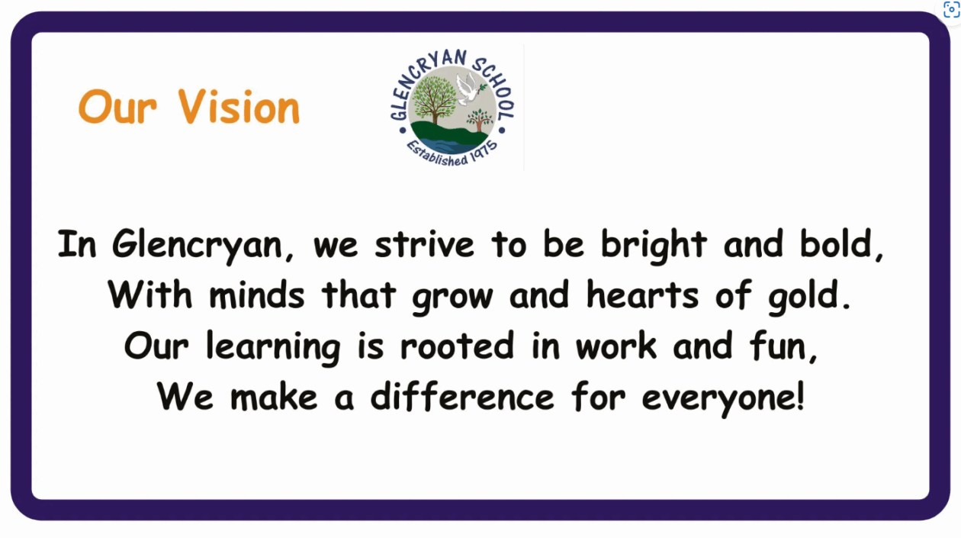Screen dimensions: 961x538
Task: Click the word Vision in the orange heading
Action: coord(239,107)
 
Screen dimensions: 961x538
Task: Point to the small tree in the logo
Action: coord(479,121)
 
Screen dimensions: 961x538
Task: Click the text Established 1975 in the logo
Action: coord(452,153)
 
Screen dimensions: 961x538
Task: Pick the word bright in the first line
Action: coord(654,246)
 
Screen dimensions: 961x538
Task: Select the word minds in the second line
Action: coord(256,295)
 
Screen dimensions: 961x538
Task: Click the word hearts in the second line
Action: coord(642,295)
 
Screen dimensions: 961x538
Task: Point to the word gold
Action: coord(802,297)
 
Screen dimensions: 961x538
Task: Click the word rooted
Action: coord(457,346)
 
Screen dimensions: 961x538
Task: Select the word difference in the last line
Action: coord(462,396)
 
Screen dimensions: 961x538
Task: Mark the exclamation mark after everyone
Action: coord(800,395)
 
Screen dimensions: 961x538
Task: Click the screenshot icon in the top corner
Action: coord(951,9)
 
